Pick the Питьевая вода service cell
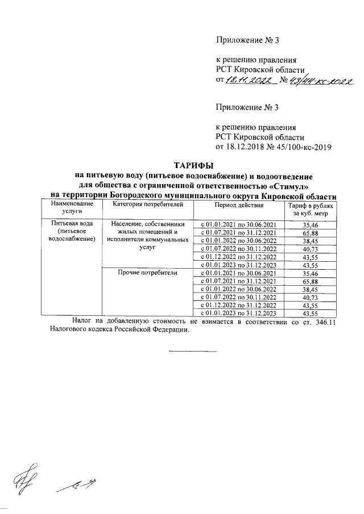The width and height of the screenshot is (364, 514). coord(71,231)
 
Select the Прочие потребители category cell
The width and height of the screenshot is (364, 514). coord(147,273)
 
